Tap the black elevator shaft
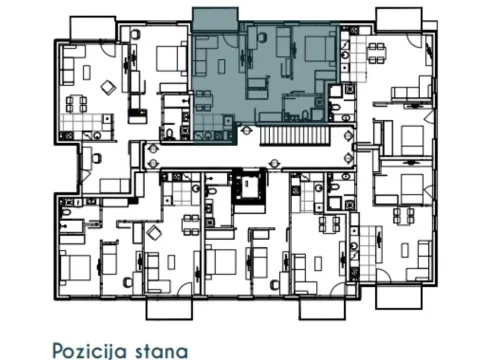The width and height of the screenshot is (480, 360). coord(247,186)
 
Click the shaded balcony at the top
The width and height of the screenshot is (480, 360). coord(215,16)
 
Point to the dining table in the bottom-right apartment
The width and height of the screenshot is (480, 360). coord(404,214)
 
